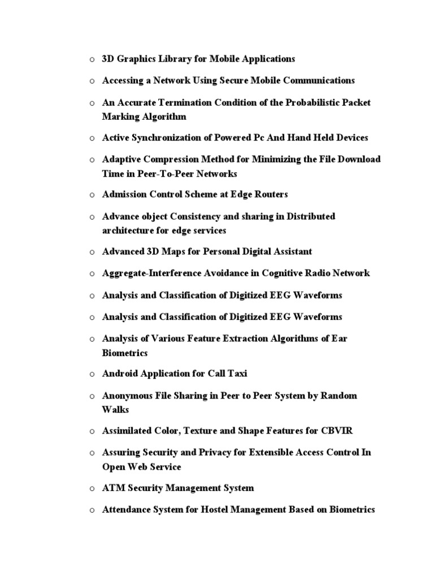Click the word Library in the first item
[161, 59]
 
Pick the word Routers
[270, 194]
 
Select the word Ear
[340, 339]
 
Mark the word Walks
[116, 409]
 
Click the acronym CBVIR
[336, 431]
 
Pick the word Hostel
[206, 510]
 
